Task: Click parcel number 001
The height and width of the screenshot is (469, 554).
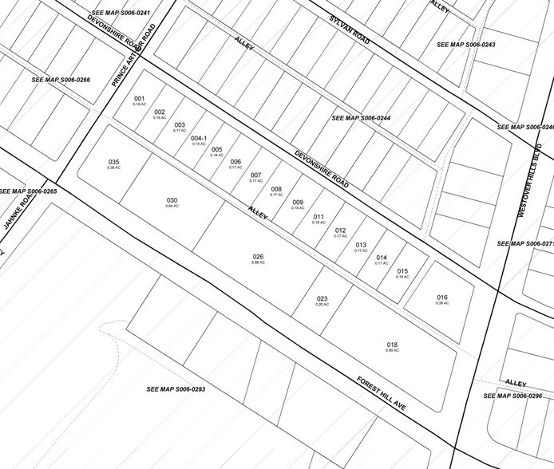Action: click(139, 99)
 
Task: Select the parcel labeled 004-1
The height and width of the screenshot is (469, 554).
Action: click(200, 138)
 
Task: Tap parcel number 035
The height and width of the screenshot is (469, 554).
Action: click(113, 162)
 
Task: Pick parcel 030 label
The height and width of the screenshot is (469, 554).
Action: click(172, 200)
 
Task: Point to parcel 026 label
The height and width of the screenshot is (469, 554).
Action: click(258, 257)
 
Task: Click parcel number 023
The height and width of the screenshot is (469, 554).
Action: click(322, 299)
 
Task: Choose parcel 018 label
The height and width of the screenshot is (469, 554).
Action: click(392, 345)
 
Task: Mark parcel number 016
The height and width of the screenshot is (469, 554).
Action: click(441, 298)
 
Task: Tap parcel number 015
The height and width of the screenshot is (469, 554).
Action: click(402, 271)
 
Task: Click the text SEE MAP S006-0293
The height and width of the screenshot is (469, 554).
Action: click(176, 389)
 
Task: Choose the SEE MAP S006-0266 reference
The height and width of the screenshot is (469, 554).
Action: click(61, 80)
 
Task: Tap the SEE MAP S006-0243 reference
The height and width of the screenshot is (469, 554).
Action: click(466, 44)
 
